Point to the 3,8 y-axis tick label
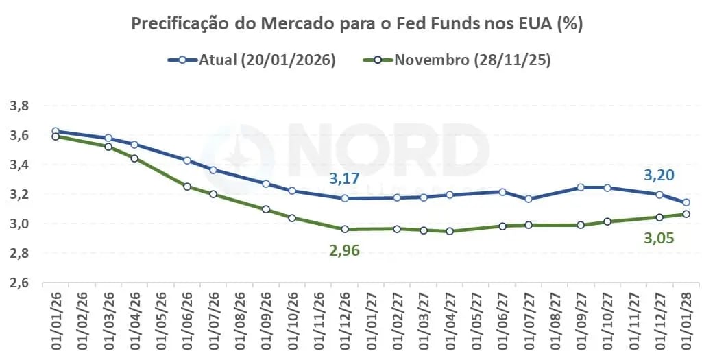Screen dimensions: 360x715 pos(19,106)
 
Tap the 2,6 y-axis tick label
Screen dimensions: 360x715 pos(19,283)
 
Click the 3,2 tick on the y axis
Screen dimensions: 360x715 pos(19,194)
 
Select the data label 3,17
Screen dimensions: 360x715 pos(345,180)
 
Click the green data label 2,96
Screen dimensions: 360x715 pos(345,250)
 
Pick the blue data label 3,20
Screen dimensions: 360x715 pos(659,176)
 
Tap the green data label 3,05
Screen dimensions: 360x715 pos(659,238)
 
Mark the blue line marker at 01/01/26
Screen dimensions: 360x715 pos(56,131)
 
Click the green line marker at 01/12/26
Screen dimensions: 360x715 pos(344,229)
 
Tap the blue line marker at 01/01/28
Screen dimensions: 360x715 pos(686,202)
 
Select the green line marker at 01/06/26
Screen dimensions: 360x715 pos(187,186)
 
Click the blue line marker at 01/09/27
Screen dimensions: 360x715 pos(581,187)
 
